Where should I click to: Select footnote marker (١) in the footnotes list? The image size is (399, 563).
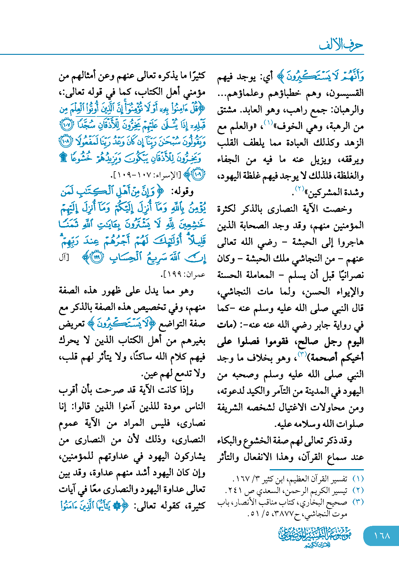[358, 479]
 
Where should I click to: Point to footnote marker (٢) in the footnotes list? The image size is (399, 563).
[358, 490]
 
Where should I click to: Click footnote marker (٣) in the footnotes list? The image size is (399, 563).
[358, 502]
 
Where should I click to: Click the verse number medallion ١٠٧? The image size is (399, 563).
[66, 125]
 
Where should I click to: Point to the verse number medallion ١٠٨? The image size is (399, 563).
[66, 141]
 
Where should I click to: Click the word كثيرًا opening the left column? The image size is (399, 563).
[193, 76]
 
